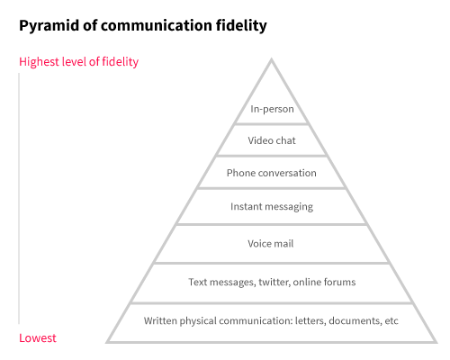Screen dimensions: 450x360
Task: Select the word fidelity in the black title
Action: (241, 25)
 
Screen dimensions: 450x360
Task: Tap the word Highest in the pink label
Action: (39, 62)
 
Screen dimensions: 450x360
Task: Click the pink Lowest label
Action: (38, 338)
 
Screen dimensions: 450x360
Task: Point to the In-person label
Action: (272, 109)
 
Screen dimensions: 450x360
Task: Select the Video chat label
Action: (272, 140)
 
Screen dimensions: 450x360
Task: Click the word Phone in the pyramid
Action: (241, 173)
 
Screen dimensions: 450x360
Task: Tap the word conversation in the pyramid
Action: (287, 173)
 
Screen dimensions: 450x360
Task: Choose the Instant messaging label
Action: (272, 207)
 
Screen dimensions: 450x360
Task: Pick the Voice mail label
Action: (271, 244)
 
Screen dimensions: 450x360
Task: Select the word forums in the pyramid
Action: (340, 282)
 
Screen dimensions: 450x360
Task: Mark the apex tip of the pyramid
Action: (272, 58)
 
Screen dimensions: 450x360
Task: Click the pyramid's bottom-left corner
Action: (107, 342)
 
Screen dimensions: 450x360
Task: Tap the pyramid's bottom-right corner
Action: (436, 342)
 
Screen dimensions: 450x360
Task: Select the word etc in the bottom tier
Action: (391, 321)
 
